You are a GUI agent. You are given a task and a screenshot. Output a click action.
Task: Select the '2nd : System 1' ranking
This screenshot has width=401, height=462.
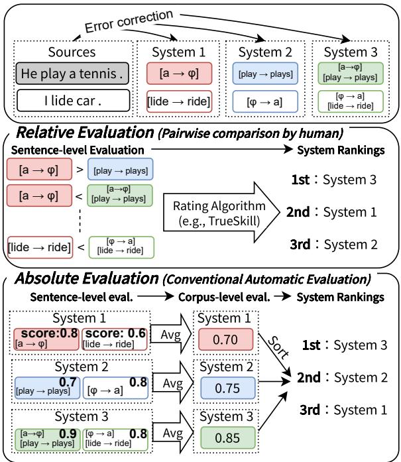[331, 212]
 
